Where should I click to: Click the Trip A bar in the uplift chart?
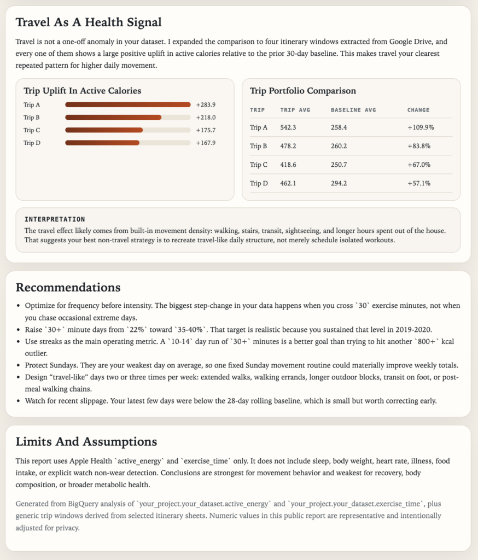pyautogui.click(x=127, y=104)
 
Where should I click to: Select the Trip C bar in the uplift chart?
pyautogui.click(x=104, y=130)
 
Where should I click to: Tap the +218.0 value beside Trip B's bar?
pyautogui.click(x=206, y=118)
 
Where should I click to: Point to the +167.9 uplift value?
pyautogui.click(x=206, y=143)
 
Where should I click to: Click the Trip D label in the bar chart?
pyautogui.click(x=32, y=143)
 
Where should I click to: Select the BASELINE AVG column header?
pyautogui.click(x=353, y=110)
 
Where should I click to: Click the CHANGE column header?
pyautogui.click(x=418, y=110)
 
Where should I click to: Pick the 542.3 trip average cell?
pyautogui.click(x=288, y=127)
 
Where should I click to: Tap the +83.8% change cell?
pyautogui.click(x=419, y=146)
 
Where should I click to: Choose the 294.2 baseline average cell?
pyautogui.click(x=340, y=183)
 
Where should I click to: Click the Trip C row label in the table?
pyautogui.click(x=259, y=165)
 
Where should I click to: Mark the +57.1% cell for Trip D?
pyautogui.click(x=419, y=183)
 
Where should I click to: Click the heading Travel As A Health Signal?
pyautogui.click(x=88, y=22)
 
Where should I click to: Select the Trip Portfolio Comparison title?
pyautogui.click(x=302, y=91)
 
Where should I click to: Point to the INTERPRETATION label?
pyautogui.click(x=55, y=219)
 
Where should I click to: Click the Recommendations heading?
pyautogui.click(x=68, y=287)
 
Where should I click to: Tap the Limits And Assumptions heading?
pyautogui.click(x=86, y=441)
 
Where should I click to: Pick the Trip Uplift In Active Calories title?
pyautogui.click(x=82, y=91)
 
